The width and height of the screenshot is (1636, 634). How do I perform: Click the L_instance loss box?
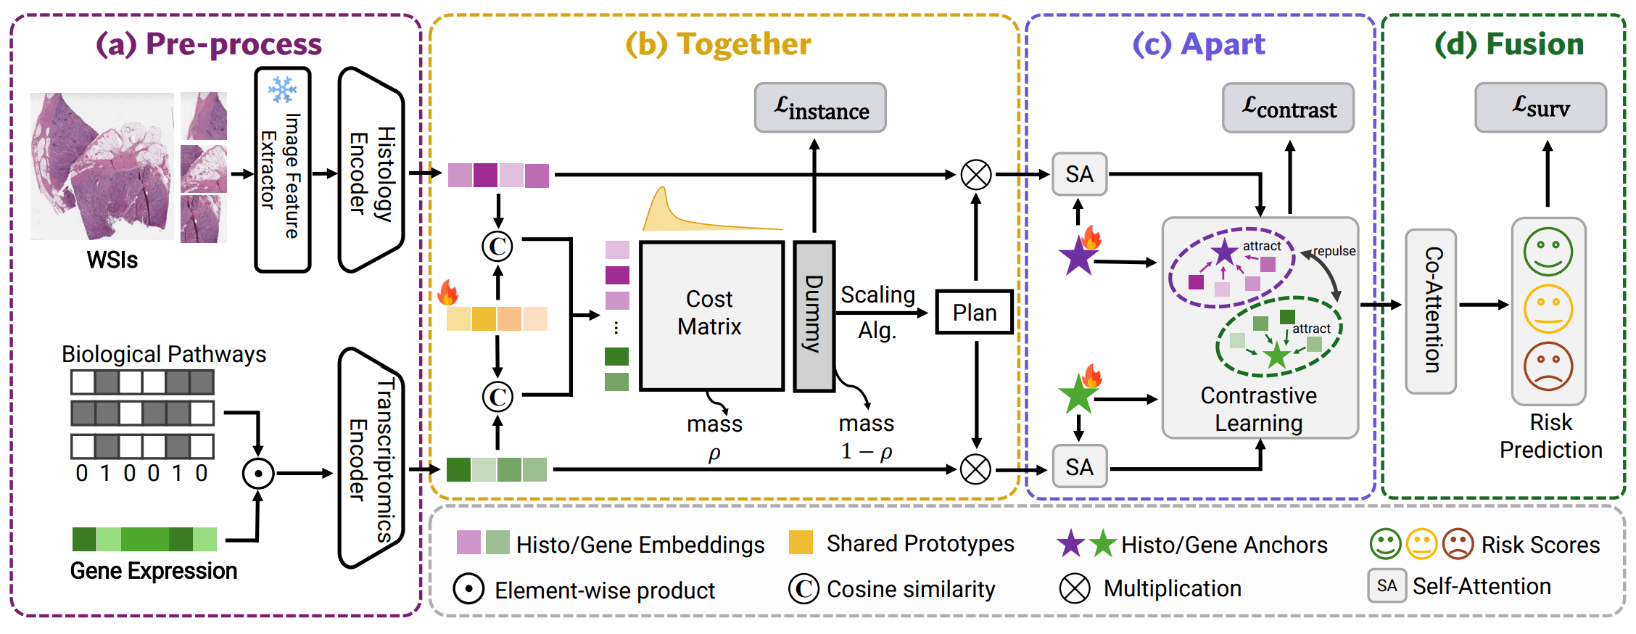click(x=819, y=107)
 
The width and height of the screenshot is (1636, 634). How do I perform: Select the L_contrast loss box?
click(x=1288, y=107)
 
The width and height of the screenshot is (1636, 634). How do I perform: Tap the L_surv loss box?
click(x=1540, y=107)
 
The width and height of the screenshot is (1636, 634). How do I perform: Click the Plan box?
click(x=974, y=313)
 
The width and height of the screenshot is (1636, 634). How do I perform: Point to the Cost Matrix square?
click(x=711, y=316)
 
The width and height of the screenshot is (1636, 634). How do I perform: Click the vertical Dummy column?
click(x=814, y=316)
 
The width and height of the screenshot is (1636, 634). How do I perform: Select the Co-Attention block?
click(x=1431, y=311)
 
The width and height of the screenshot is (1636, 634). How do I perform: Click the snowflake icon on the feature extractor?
click(x=282, y=90)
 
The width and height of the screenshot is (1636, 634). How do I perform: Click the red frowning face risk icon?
click(x=1548, y=367)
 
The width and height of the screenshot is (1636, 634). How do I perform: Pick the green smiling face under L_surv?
click(x=1548, y=252)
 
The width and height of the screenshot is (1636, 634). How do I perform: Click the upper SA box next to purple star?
click(x=1079, y=174)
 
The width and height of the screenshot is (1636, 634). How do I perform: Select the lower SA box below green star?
click(x=1079, y=466)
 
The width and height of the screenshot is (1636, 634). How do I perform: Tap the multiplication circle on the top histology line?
click(x=976, y=175)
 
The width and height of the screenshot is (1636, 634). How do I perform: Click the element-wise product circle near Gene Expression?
click(x=257, y=474)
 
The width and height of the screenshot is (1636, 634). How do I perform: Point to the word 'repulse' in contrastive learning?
click(x=1334, y=251)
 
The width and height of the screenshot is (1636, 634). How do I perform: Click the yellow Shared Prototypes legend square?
click(x=801, y=543)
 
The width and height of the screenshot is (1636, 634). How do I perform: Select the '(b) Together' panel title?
click(x=718, y=44)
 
